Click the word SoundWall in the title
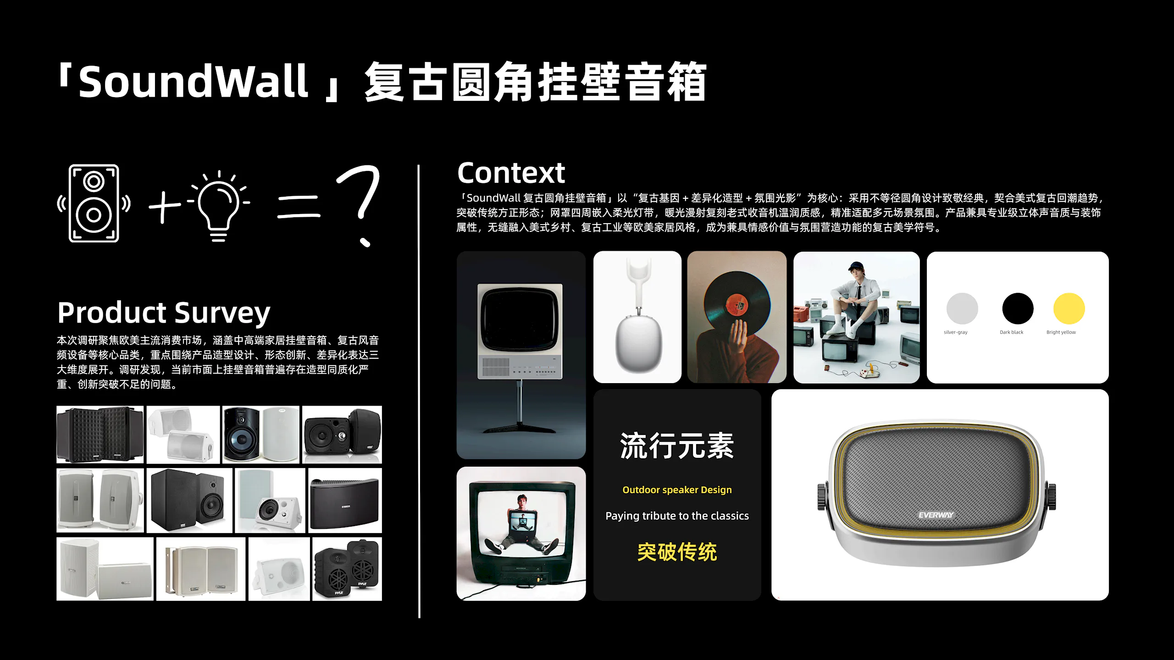tap(193, 82)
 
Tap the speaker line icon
tap(94, 203)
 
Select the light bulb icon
tap(219, 206)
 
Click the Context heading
tap(511, 173)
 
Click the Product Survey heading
tap(164, 313)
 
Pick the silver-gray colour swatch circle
tap(962, 308)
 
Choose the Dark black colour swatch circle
tap(1018, 308)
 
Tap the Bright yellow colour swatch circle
tap(1069, 308)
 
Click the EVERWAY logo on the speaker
tap(936, 515)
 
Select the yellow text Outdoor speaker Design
tap(677, 490)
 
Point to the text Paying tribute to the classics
tap(677, 516)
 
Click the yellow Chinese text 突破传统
tap(677, 552)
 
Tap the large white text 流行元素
tap(677, 446)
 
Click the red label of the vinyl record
tap(737, 304)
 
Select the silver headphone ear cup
tap(638, 344)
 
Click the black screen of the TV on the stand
tap(520, 320)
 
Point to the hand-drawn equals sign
tap(298, 206)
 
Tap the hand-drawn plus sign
tap(165, 206)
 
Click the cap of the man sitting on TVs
tap(855, 266)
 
